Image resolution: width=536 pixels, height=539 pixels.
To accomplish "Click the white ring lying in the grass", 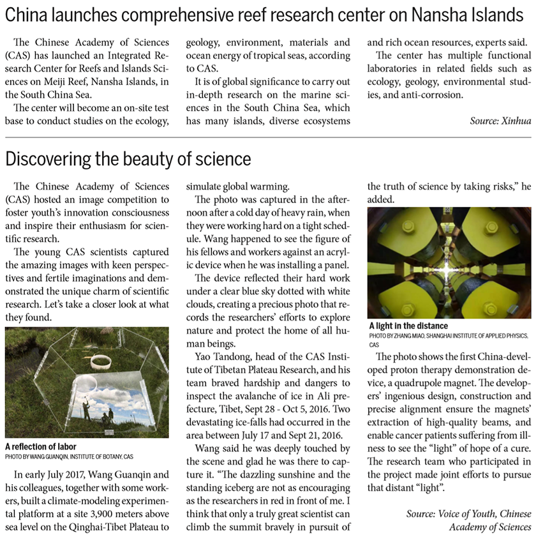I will [101, 362].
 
